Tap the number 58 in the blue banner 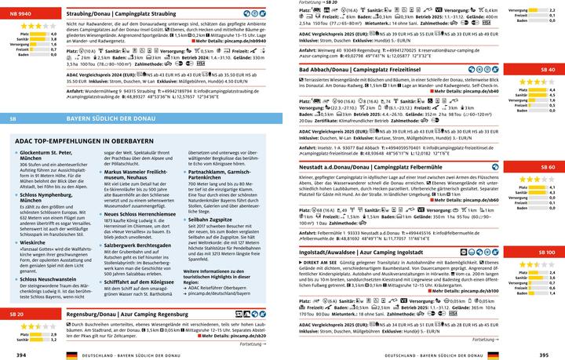[x=13, y=118]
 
